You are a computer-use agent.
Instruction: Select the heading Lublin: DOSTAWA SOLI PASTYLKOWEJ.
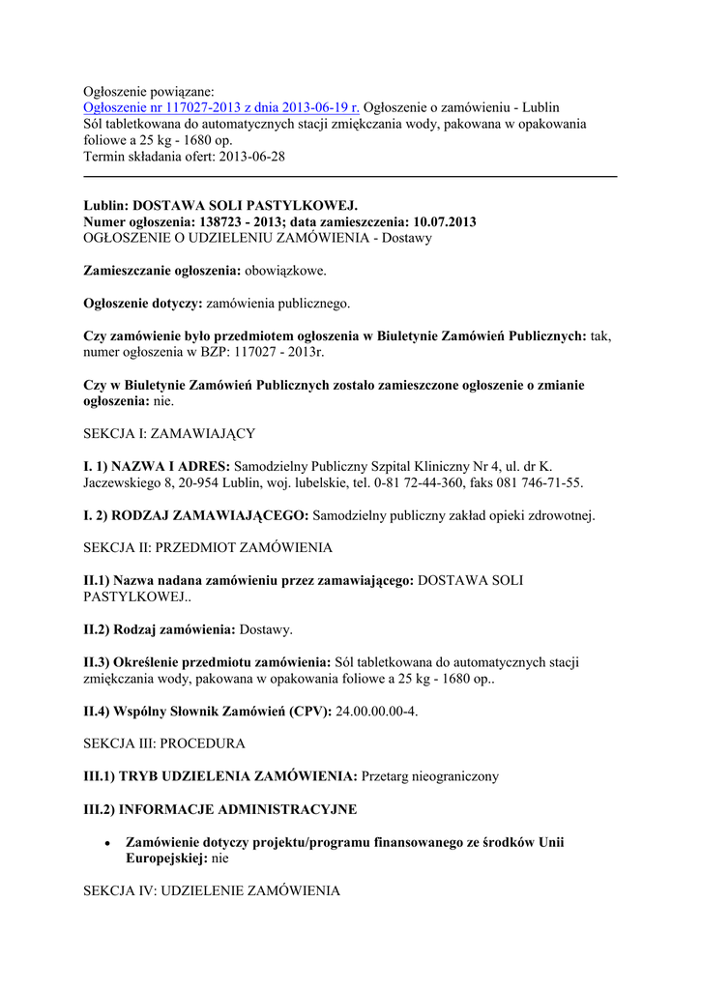(x=220, y=206)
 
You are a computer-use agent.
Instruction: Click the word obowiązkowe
(x=285, y=271)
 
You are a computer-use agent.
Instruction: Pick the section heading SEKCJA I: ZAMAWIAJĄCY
(x=169, y=433)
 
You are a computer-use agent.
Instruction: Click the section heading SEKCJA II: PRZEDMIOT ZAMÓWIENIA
(x=208, y=547)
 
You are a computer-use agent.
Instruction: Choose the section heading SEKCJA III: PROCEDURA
(x=164, y=743)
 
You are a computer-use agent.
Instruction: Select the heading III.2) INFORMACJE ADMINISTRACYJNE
(x=220, y=808)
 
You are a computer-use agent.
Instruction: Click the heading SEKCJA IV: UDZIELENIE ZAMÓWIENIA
(x=212, y=890)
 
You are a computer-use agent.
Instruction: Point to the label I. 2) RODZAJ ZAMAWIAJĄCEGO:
(x=196, y=515)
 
